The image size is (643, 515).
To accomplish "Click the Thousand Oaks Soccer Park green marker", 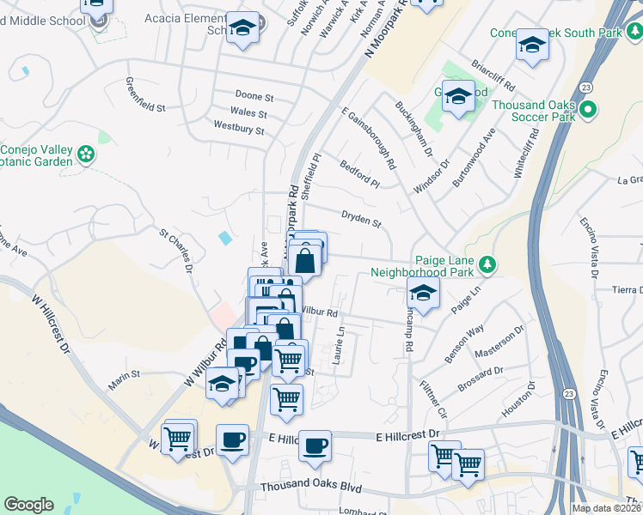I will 589,110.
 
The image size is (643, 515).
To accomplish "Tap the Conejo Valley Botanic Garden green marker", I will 86,154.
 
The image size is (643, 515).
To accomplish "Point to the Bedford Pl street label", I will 359,173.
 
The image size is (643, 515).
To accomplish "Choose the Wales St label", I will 248,113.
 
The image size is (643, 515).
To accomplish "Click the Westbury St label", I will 238,130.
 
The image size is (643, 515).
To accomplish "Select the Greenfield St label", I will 145,95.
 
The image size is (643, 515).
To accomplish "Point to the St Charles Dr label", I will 175,246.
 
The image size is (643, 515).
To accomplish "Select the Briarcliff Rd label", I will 493,76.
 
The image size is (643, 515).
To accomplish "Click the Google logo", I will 28,505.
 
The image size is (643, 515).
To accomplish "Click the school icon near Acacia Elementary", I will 243,29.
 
